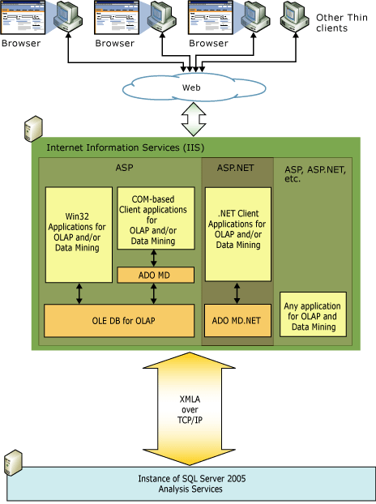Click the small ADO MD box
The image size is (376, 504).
pyautogui.click(x=155, y=275)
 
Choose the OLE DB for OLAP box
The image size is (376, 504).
pyautogui.click(x=119, y=321)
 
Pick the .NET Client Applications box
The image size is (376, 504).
pyautogui.click(x=237, y=234)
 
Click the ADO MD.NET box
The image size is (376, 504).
pyautogui.click(x=237, y=321)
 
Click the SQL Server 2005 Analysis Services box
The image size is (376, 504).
pyautogui.click(x=191, y=484)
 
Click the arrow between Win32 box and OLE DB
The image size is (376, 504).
pyautogui.click(x=79, y=293)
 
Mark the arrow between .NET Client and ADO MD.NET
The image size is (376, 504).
pyautogui.click(x=237, y=293)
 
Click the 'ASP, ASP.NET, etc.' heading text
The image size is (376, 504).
pyautogui.click(x=314, y=173)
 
